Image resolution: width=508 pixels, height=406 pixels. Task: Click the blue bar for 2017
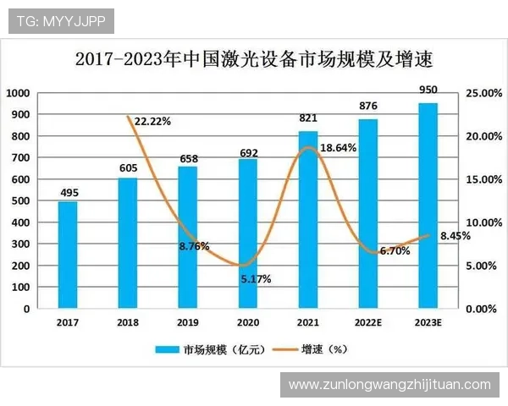(68, 255)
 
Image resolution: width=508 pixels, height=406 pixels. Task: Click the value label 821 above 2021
(308, 118)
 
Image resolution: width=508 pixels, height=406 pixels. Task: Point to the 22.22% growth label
(153, 122)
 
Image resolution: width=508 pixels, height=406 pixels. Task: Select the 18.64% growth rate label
(339, 147)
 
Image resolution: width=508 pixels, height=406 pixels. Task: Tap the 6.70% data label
(395, 251)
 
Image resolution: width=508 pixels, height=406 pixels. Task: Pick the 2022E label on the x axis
(367, 322)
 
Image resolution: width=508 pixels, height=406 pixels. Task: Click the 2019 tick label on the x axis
(188, 322)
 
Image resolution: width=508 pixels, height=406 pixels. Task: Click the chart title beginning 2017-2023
(254, 60)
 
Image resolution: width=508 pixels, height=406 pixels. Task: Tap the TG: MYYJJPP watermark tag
(60, 20)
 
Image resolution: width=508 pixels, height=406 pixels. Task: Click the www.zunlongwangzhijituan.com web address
(389, 385)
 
